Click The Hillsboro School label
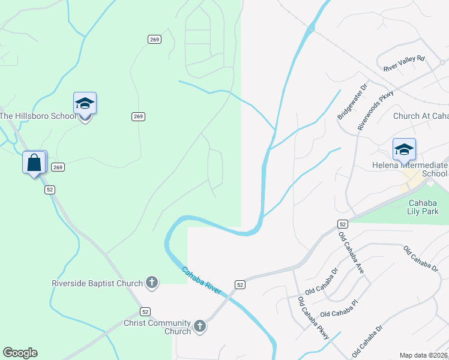(38, 116)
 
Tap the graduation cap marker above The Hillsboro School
(85, 104)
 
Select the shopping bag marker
(34, 162)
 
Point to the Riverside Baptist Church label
(97, 283)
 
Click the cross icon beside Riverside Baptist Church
(152, 283)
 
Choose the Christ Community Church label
(157, 327)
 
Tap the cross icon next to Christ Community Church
(200, 326)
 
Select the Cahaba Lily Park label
(427, 207)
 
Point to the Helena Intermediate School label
(418, 169)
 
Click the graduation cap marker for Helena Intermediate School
(404, 149)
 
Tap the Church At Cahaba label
(421, 116)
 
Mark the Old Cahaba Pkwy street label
(313, 319)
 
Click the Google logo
(20, 353)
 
